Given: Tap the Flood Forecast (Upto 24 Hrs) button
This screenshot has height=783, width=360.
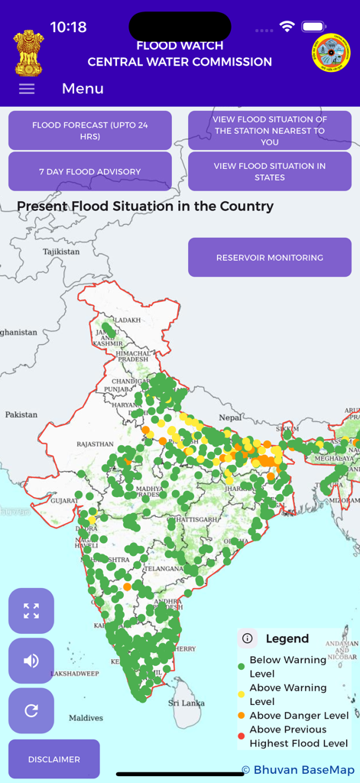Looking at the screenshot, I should tap(90, 131).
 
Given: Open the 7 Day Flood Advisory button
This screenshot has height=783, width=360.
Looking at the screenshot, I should tap(90, 172).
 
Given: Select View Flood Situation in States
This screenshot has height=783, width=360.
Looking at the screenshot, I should tap(270, 171).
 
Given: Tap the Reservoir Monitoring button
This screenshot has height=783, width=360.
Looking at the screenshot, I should tap(270, 258).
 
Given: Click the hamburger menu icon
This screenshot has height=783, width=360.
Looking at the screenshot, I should tap(27, 89).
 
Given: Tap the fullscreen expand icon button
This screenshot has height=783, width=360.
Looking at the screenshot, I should tap(31, 611).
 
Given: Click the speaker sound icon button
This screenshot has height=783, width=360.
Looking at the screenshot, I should tap(31, 661).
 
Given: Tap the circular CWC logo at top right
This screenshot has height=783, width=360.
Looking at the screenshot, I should tap(331, 54).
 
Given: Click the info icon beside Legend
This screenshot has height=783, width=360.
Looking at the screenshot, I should tap(247, 638).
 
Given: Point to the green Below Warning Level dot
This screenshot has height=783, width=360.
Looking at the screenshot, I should tap(242, 667).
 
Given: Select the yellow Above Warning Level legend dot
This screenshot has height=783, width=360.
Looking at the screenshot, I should tap(242, 694).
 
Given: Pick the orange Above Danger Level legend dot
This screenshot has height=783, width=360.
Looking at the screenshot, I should tap(242, 716).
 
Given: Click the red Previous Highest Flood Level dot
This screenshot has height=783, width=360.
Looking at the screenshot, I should tap(242, 729).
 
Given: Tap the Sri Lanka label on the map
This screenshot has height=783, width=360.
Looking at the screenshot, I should tap(185, 703).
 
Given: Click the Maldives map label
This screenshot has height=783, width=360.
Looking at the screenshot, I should tap(86, 718).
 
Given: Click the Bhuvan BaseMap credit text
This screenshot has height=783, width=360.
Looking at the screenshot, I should tap(297, 769).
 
